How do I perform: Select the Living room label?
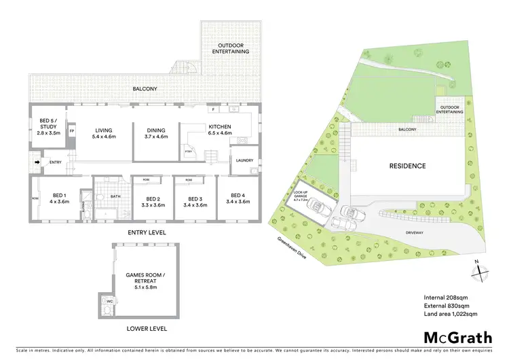tap(104, 132)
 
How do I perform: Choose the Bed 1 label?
tap(59, 198)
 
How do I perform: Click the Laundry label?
tap(244, 160)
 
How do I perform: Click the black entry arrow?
tap(37, 162)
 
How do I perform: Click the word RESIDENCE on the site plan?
tap(407, 166)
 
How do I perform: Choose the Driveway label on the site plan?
tap(414, 231)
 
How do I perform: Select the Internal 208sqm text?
tap(445, 297)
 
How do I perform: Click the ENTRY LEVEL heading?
tap(146, 232)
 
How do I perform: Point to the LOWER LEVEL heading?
tap(146, 329)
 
